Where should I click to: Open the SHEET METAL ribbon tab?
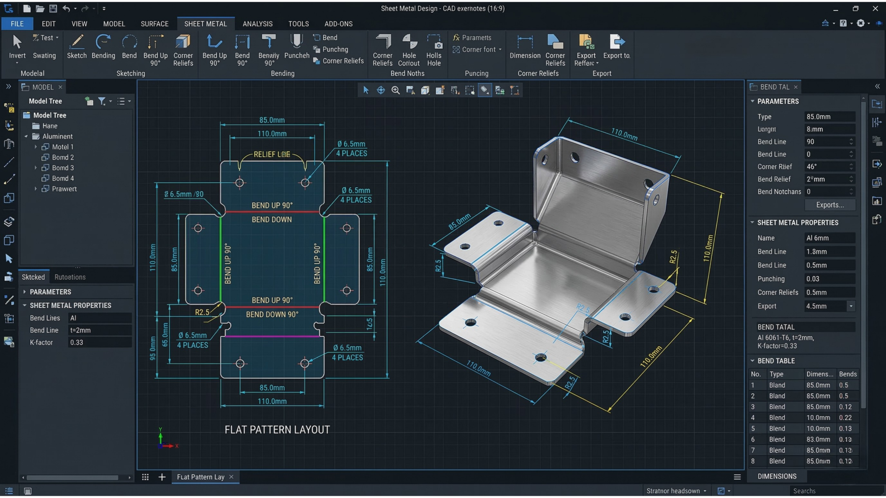coord(205,24)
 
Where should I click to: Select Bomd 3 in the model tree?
coord(63,168)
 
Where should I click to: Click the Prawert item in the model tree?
coord(64,189)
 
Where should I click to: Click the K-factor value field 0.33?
coord(100,342)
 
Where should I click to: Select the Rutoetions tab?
coord(70,277)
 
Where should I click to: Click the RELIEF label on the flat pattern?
coord(271,154)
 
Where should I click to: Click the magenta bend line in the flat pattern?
coord(272,336)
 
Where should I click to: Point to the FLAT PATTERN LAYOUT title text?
coord(277,429)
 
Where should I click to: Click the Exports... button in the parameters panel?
coord(830,205)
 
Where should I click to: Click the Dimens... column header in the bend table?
coord(819,374)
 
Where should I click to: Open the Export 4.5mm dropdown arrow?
coord(851,306)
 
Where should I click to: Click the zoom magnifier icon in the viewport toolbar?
coord(395,90)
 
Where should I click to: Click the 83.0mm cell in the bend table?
coord(818,439)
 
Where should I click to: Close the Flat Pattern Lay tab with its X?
coord(231,477)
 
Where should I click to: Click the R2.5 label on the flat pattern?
coord(202,312)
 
